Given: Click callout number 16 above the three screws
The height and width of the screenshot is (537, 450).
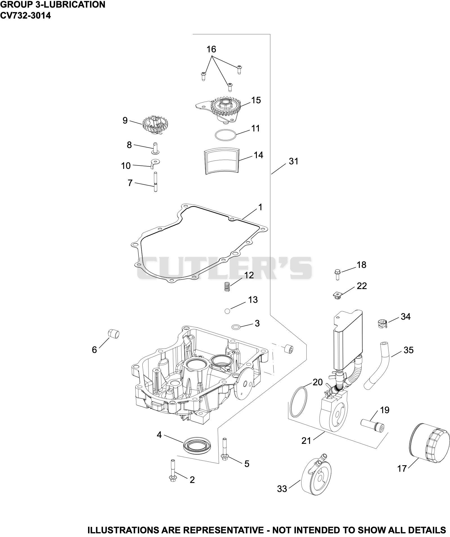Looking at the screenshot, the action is click(x=211, y=49).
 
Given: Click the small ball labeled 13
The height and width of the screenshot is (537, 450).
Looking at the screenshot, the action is click(x=228, y=311).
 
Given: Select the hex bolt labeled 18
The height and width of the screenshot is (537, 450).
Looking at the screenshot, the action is click(x=337, y=274).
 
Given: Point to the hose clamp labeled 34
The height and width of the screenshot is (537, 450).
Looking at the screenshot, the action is click(x=382, y=324).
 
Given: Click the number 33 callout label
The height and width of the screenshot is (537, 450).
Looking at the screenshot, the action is click(x=282, y=489).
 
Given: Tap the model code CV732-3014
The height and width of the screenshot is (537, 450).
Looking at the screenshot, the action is click(x=26, y=15).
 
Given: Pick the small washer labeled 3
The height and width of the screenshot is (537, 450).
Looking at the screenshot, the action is click(x=236, y=327).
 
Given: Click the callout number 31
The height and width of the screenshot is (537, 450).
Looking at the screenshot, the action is click(x=293, y=161).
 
